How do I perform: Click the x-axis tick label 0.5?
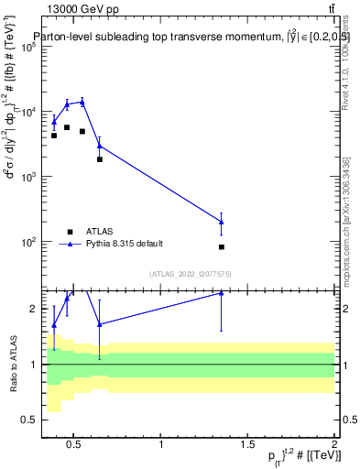click(74, 444)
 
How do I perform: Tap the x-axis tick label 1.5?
click(247, 444)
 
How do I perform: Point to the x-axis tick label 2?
click(334, 444)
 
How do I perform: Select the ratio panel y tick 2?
click(30, 309)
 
